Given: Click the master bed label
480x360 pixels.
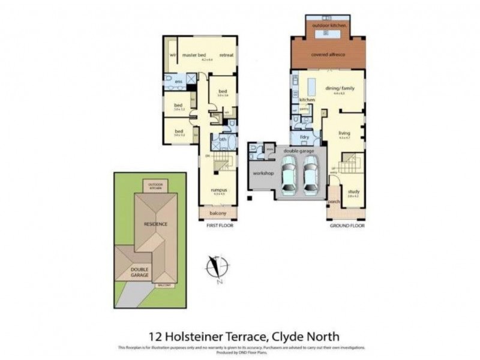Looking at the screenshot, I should (x=194, y=55).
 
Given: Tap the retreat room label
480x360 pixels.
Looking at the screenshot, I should (x=226, y=55).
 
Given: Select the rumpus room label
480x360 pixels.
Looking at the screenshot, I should (x=218, y=190).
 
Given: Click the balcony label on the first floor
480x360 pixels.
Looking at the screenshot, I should (x=218, y=214).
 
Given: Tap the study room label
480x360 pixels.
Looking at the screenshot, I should (x=353, y=191).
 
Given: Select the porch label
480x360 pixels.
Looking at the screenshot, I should (x=334, y=202).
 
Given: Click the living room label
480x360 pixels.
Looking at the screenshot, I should (x=344, y=133).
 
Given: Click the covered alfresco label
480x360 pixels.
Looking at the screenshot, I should (x=328, y=55).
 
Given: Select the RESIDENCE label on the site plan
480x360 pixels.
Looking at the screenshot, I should (x=155, y=224).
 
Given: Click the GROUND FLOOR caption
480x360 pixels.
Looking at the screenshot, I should (x=347, y=225).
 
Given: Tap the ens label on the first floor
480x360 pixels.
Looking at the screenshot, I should (x=178, y=81).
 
